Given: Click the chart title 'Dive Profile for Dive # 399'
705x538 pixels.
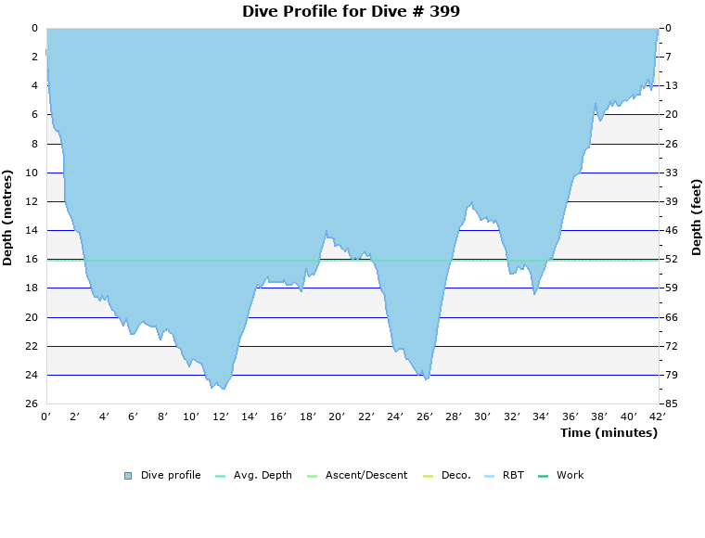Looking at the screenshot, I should (x=351, y=11).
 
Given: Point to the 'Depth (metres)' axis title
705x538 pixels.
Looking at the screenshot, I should (x=8, y=217).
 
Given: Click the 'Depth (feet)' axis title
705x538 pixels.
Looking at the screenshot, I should (x=697, y=217).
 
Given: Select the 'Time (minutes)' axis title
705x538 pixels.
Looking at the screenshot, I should (x=609, y=432).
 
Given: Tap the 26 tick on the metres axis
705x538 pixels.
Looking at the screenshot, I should (x=31, y=403).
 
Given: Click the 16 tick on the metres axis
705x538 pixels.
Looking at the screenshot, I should (x=31, y=259).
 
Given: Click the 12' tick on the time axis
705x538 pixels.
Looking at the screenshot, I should (x=222, y=416).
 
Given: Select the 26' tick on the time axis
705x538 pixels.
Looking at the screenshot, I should (x=425, y=416).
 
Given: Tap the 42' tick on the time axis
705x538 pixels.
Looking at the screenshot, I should (x=658, y=416).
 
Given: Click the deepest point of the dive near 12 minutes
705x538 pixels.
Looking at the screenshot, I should (x=223, y=389).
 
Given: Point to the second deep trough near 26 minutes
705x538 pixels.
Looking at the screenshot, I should (x=426, y=379).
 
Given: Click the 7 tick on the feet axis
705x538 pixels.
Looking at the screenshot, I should (x=670, y=57).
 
